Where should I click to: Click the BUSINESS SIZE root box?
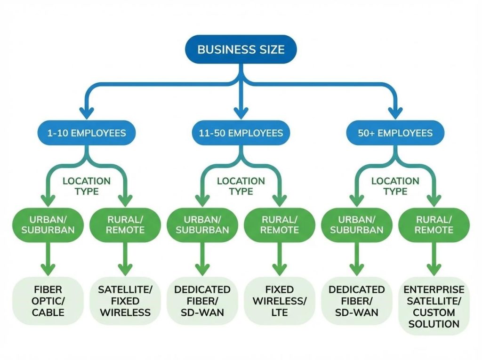tap(241, 49)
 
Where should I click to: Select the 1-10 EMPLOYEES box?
tap(87, 133)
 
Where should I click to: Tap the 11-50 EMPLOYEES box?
tap(241, 133)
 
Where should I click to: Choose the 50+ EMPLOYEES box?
tap(395, 133)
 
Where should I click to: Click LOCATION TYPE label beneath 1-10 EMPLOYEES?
tap(87, 186)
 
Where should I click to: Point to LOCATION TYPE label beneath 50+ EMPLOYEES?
tap(395, 186)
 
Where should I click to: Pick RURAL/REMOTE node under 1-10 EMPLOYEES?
tap(125, 225)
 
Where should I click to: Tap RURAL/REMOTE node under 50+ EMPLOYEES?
tap(434, 225)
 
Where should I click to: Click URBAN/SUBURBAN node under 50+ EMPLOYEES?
tap(356, 225)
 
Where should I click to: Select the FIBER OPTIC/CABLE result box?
tap(48, 301)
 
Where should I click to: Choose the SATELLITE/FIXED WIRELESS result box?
tap(125, 301)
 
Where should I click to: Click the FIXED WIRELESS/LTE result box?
tap(280, 301)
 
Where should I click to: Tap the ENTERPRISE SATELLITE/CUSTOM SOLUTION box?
tap(434, 306)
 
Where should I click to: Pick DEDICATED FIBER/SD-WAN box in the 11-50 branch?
tap(202, 301)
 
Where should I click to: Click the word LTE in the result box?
tap(280, 312)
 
